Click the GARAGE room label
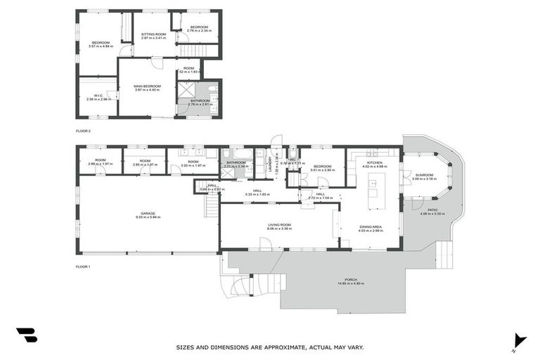point(148,213)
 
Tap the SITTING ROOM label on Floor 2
point(153,34)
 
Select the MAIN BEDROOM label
point(147,86)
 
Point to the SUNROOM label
point(424,174)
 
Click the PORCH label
point(349,279)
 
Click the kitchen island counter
point(373,189)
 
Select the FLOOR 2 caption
point(84,131)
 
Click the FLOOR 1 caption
point(84,266)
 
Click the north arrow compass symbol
point(519,340)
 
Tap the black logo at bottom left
point(26,335)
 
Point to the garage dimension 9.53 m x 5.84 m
point(148,217)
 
